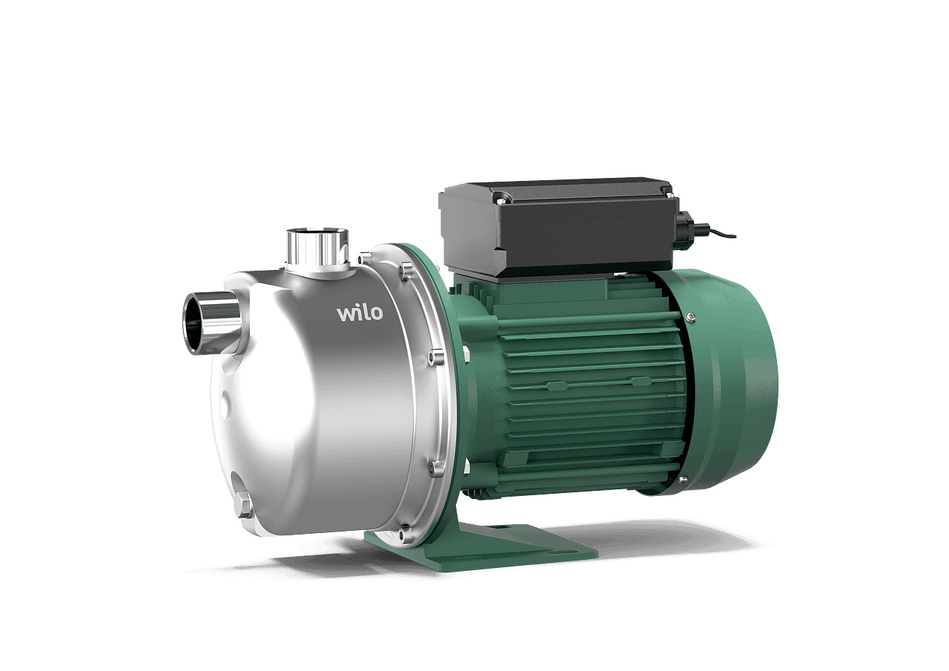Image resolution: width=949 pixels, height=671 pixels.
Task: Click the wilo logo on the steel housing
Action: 360,314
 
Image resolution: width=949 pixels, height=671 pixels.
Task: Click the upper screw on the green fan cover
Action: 690,316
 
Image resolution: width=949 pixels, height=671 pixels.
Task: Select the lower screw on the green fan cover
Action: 683,480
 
